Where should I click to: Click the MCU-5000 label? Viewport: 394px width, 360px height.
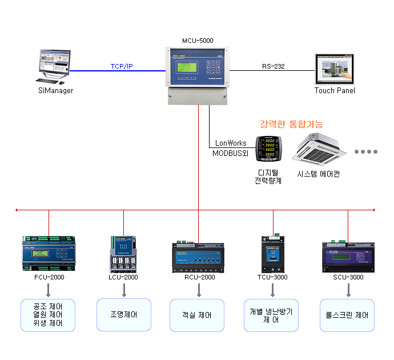198,41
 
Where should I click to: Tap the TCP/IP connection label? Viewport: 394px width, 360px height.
122,66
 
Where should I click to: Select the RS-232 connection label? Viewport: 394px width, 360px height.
274,66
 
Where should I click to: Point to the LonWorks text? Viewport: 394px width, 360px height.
231,143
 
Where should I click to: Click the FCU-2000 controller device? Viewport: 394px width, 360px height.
49,254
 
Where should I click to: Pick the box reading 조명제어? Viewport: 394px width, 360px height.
123,315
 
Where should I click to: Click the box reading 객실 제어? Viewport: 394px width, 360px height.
198,315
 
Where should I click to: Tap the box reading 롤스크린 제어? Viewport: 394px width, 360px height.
347,315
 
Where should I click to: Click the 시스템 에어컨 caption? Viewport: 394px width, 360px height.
319,174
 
